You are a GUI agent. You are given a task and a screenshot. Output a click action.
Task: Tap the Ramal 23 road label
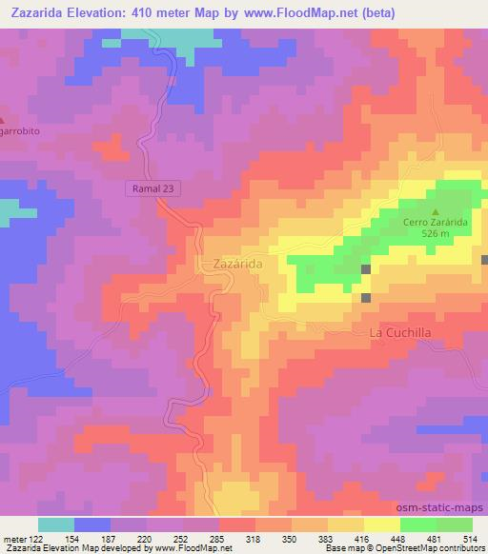152,189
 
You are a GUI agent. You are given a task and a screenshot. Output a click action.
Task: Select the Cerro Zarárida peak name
435,223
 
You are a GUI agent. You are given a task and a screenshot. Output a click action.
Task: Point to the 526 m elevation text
435,234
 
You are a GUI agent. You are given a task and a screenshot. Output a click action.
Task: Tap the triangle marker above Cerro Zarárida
436,211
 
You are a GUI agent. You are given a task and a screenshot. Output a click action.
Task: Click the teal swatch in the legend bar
56,524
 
